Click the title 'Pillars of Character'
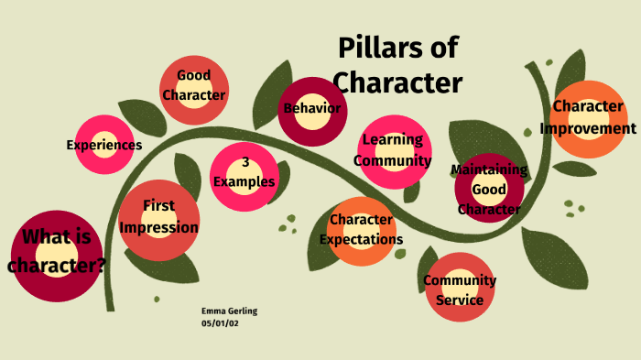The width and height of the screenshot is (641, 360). pyautogui.click(x=397, y=65)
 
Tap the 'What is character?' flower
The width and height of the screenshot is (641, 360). pyautogui.click(x=57, y=253)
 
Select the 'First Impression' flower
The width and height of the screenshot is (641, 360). pyautogui.click(x=158, y=217)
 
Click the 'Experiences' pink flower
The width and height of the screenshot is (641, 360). pyautogui.click(x=104, y=145)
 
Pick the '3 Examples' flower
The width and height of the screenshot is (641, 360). pyautogui.click(x=244, y=172)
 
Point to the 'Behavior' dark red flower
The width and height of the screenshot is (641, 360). pyautogui.click(x=312, y=109)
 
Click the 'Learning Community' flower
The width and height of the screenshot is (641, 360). pyautogui.click(x=393, y=150)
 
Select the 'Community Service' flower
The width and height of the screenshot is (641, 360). pyautogui.click(x=460, y=289)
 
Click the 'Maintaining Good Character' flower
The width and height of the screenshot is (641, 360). pyautogui.click(x=489, y=190)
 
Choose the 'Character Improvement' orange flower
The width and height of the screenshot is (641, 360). pyautogui.click(x=588, y=117)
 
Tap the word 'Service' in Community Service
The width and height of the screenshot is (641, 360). pyautogui.click(x=460, y=300)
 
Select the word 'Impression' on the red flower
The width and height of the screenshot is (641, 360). pyautogui.click(x=158, y=227)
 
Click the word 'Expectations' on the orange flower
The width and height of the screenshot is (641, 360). pyautogui.click(x=361, y=240)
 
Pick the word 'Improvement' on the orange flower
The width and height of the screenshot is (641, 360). pyautogui.click(x=588, y=128)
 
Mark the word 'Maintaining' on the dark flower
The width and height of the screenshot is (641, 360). pyautogui.click(x=489, y=169)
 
